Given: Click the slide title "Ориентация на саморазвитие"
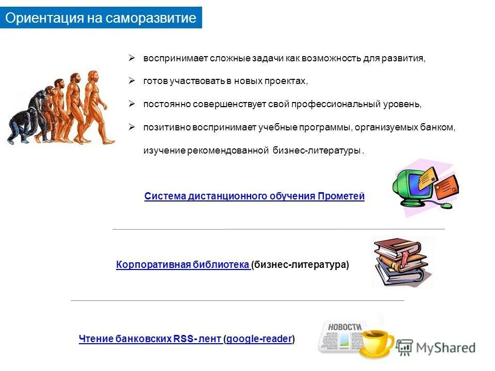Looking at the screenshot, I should [x=101, y=19].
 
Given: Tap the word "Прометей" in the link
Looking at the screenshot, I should [x=341, y=196].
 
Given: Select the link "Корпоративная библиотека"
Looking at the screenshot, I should [x=183, y=265].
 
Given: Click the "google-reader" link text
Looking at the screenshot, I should [x=259, y=339].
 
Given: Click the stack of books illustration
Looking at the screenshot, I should [x=401, y=262].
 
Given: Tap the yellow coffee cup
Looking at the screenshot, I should [x=375, y=341].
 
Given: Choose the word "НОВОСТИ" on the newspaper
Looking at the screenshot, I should [x=344, y=327].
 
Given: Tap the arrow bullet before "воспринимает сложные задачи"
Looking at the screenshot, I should [x=132, y=58].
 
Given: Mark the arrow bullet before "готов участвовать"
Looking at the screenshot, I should [x=132, y=81].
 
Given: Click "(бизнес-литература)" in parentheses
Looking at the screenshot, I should [x=300, y=265].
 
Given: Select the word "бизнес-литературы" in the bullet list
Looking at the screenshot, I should [x=316, y=151].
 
